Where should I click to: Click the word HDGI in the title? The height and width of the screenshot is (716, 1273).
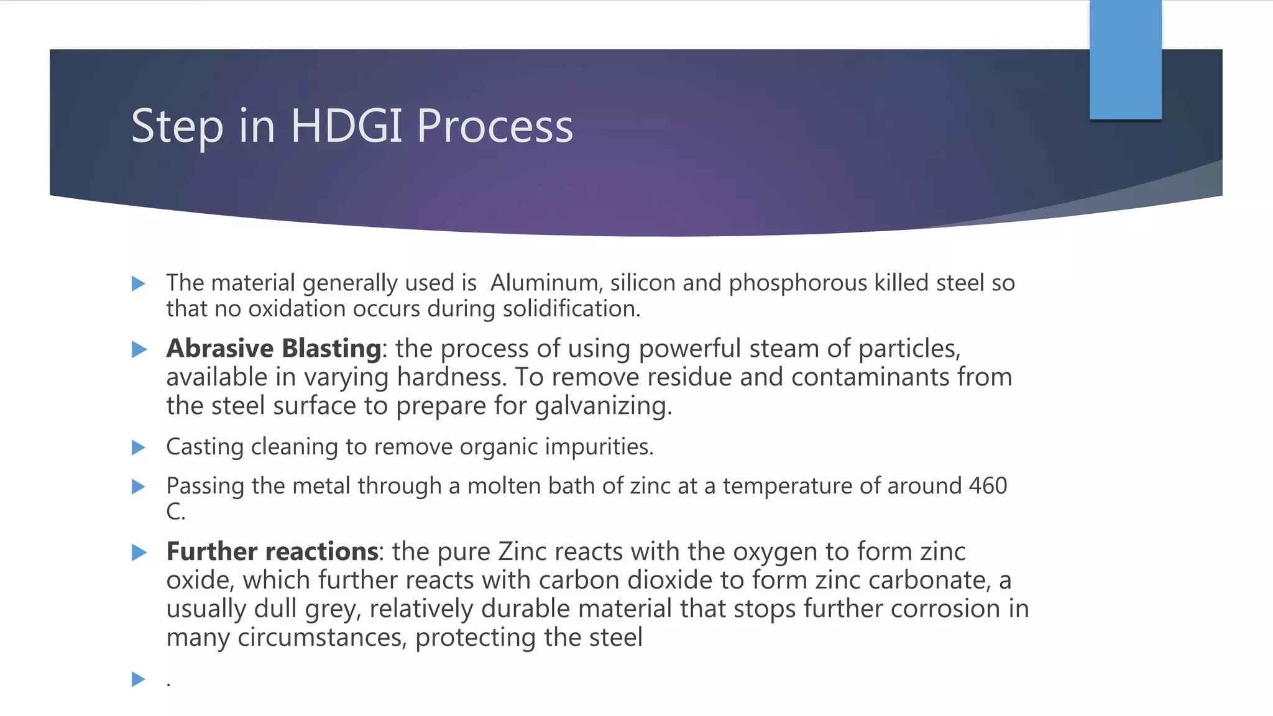[347, 126]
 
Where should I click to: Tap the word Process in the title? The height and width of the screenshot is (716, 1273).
[495, 126]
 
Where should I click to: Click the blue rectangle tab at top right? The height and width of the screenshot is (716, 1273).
[1125, 59]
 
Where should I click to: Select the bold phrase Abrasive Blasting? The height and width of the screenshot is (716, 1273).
[273, 349]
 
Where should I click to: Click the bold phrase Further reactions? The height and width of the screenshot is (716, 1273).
[272, 552]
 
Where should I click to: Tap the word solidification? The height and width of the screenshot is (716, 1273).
[571, 309]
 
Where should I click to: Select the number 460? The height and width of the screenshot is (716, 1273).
[987, 485]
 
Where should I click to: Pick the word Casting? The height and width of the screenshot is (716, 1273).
[205, 447]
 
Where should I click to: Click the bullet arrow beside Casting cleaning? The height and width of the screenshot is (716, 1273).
[139, 447]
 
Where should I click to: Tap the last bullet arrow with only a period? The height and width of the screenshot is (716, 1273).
[139, 679]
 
